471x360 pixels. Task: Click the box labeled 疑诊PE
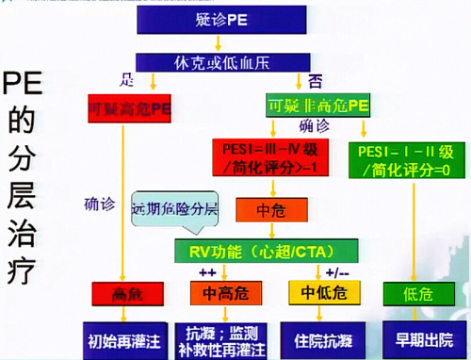point(220,19)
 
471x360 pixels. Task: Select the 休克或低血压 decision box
point(220,61)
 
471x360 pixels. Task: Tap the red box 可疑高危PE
point(129,105)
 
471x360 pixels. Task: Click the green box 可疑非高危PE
point(316,105)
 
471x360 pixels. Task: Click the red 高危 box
point(129,293)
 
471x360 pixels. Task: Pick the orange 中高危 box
point(227,293)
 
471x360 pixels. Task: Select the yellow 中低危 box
point(317,293)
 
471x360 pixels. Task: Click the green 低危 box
point(411,293)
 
